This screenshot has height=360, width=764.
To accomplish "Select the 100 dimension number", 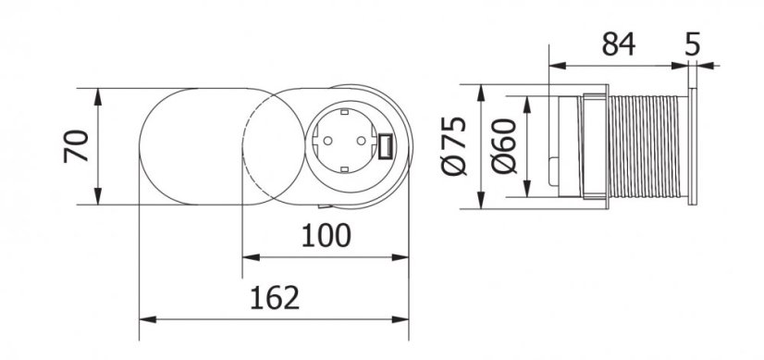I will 325,236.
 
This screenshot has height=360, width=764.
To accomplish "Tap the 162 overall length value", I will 275,298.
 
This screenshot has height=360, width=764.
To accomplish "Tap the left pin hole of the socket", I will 327,146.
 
